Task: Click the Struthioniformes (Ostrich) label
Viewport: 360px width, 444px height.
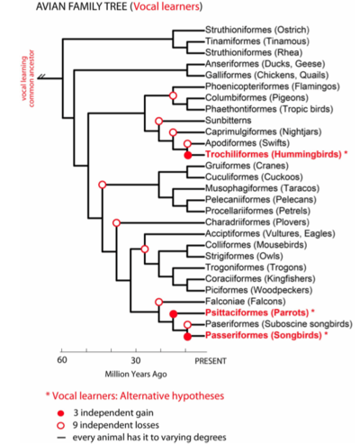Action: click(257, 30)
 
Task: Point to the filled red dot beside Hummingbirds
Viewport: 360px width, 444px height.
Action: click(187, 155)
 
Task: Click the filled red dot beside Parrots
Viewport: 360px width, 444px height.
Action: click(173, 314)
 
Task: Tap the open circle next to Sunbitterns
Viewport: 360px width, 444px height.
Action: click(159, 121)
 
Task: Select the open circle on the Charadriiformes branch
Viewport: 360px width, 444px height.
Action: click(116, 222)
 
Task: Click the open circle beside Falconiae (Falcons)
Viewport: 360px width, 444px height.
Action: click(159, 302)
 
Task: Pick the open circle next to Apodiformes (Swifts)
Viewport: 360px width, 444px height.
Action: click(187, 143)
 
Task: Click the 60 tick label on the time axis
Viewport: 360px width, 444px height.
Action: click(62, 360)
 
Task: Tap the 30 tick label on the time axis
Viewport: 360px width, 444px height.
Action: click(136, 360)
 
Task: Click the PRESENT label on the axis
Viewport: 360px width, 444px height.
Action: click(211, 361)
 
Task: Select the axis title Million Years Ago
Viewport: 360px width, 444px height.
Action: click(136, 375)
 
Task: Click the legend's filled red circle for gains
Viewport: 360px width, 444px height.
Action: click(61, 413)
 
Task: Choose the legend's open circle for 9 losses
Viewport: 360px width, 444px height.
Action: click(61, 426)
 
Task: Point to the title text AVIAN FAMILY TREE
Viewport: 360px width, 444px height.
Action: click(82, 6)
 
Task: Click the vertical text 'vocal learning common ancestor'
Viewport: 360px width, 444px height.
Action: click(28, 78)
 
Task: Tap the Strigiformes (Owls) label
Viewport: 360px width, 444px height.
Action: click(244, 256)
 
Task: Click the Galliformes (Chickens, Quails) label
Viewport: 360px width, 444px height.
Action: click(266, 75)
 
